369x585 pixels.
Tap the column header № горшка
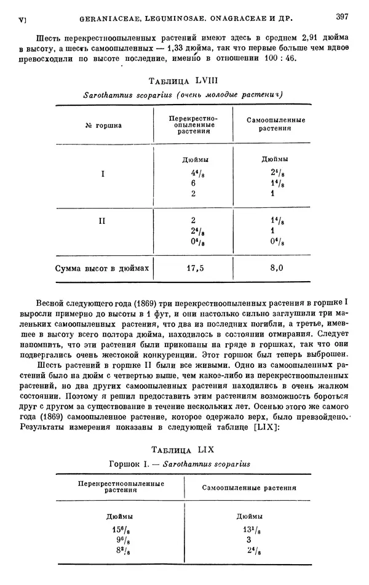coord(103,125)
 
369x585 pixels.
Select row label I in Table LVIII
coord(103,173)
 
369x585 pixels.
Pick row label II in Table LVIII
coord(103,220)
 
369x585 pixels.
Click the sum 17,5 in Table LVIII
coord(195,268)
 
